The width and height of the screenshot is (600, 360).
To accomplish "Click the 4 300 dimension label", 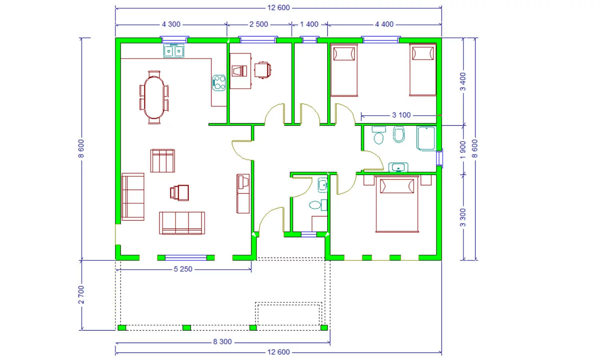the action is coord(171,24).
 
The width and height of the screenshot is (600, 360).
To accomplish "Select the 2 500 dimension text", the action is coord(258,24).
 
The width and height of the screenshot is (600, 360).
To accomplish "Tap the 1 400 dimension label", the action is coord(309,24).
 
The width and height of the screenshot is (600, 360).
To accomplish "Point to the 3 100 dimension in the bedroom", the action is coord(401,115).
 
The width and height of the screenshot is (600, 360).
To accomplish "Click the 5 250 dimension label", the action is coord(183,269).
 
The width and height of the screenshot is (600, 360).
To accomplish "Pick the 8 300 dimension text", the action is coord(222,342).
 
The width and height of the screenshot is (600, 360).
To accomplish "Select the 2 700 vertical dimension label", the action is coord(81,295).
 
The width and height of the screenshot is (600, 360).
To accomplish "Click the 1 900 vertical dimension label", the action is coord(463,150).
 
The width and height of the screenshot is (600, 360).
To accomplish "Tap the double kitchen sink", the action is coord(174,51).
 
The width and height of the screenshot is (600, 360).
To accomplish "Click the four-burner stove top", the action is coord(219,83).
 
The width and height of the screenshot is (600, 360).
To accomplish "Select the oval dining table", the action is coord(154,98).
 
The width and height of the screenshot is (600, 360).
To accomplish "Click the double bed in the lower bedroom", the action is coord(397,204).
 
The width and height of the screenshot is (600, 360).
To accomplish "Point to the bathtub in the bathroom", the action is coord(426,138).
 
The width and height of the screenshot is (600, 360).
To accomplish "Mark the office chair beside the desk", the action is coord(262,70).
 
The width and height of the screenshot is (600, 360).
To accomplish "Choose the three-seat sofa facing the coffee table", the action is coord(182,223).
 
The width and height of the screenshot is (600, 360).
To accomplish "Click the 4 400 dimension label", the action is coord(384,24).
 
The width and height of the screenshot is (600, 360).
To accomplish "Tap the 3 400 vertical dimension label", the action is coord(463,82).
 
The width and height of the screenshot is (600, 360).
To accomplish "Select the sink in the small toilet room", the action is coord(322,185).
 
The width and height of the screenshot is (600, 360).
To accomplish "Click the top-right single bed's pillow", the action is coord(423,53).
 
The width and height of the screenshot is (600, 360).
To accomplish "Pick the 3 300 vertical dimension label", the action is coord(463,218).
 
